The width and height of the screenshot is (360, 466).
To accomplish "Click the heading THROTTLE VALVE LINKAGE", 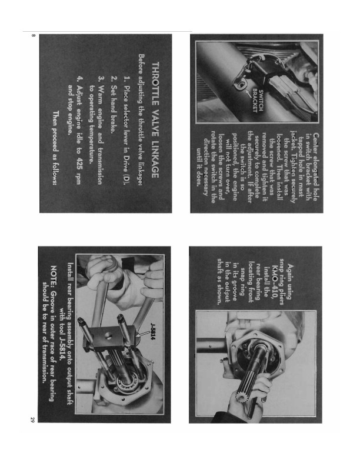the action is (155, 119).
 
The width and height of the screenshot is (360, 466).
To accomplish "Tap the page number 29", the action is (32, 420).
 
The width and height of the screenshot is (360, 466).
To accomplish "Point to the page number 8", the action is (33, 36).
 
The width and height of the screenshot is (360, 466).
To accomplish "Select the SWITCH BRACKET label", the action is (258, 101).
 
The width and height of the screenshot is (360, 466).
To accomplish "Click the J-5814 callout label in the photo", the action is (154, 332).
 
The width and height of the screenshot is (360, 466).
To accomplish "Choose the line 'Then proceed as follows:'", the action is (55, 148).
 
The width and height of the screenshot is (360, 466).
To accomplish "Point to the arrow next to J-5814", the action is (145, 334).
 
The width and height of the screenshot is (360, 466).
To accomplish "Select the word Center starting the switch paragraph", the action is (316, 146).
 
